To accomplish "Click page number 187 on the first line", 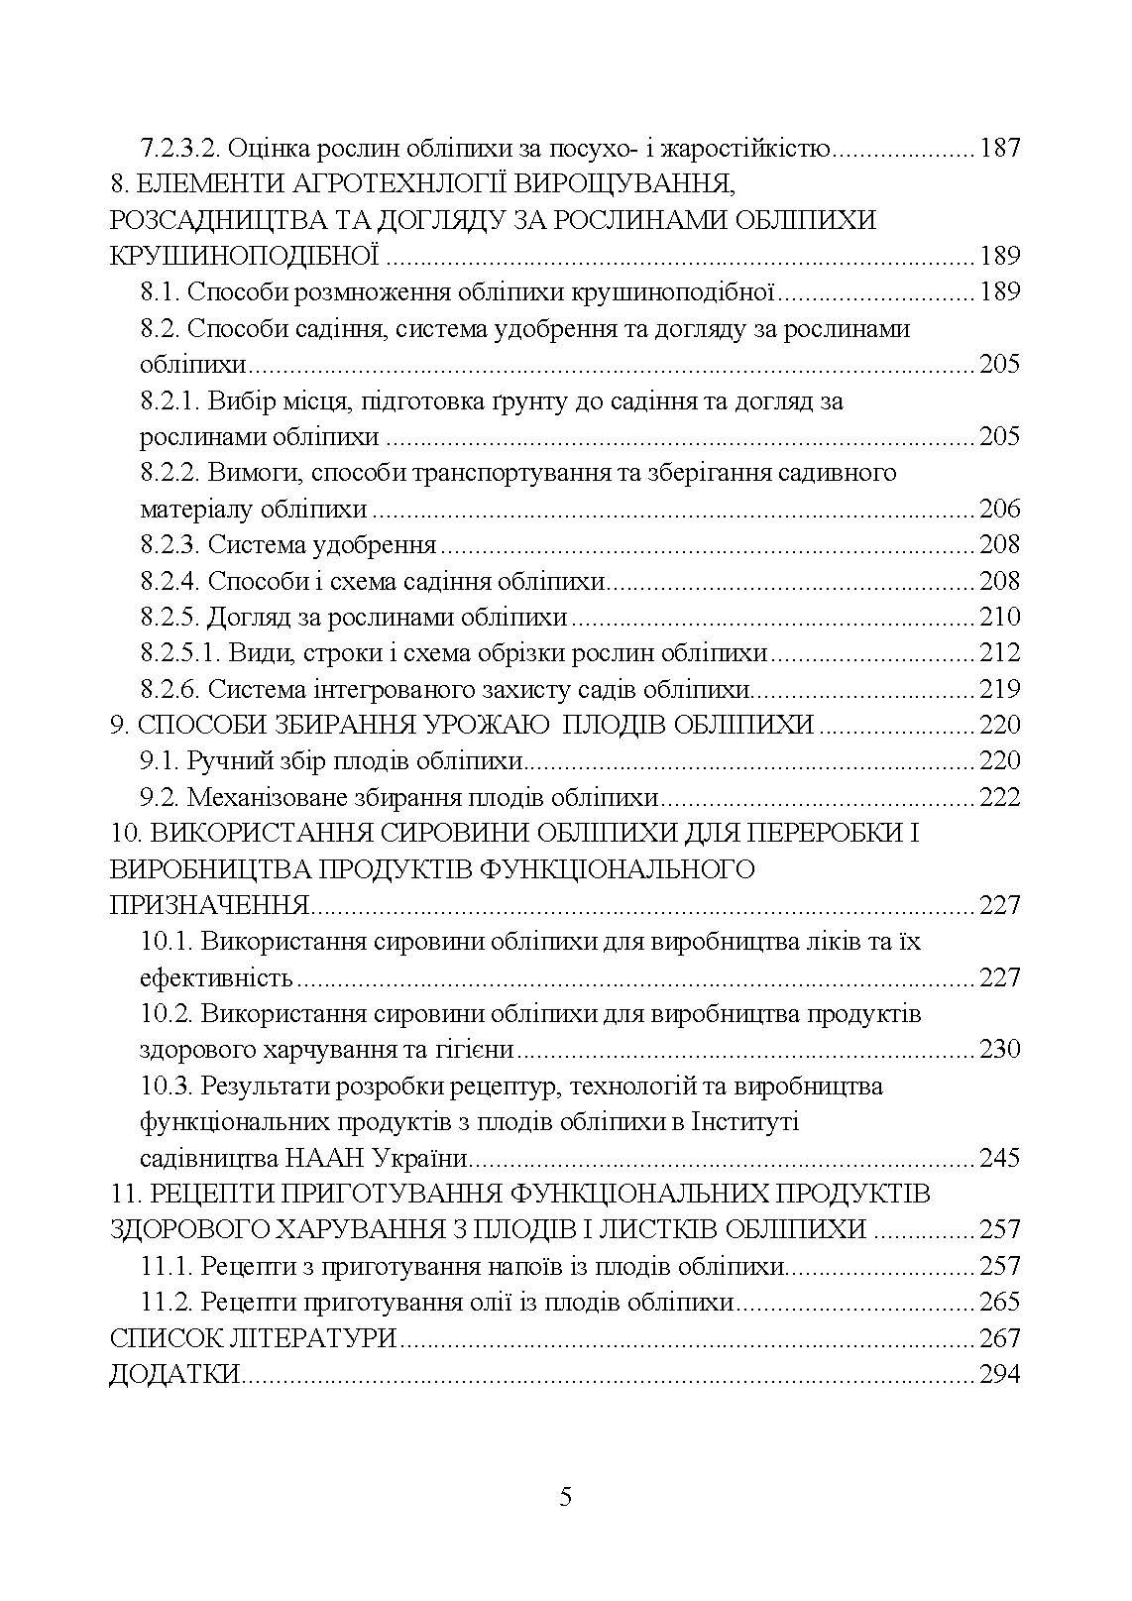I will coord(999,149).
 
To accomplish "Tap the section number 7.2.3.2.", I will coord(182,149).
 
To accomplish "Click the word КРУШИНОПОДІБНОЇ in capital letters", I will coord(245,257).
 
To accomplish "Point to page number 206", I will coord(999,510).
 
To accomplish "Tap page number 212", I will coord(999,653).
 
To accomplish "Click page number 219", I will coord(999,689).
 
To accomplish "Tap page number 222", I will coord(999,798).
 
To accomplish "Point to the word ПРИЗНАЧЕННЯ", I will coord(209,906).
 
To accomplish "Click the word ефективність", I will coord(216,978).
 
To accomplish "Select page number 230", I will coord(999,1050).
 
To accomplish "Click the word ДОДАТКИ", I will coord(175,1375).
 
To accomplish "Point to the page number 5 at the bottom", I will coord(566,1497).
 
